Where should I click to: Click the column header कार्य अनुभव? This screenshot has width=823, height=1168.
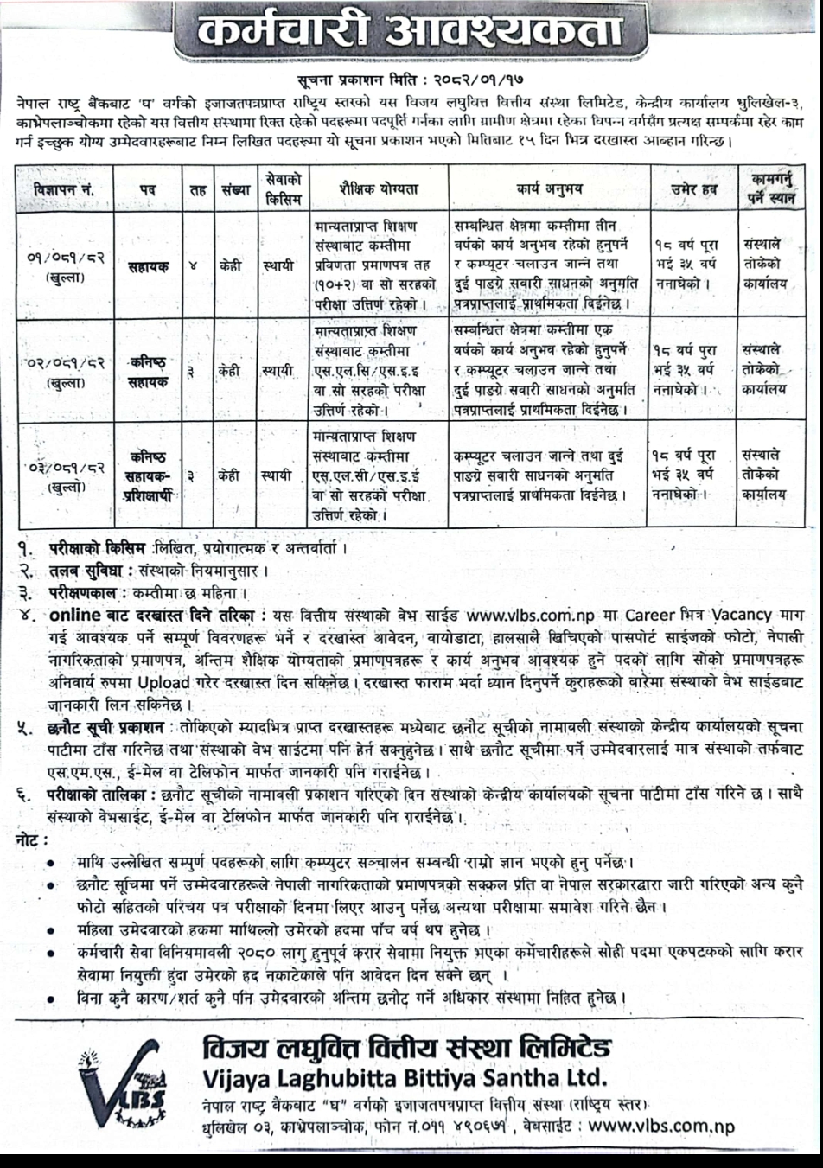point(550,187)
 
